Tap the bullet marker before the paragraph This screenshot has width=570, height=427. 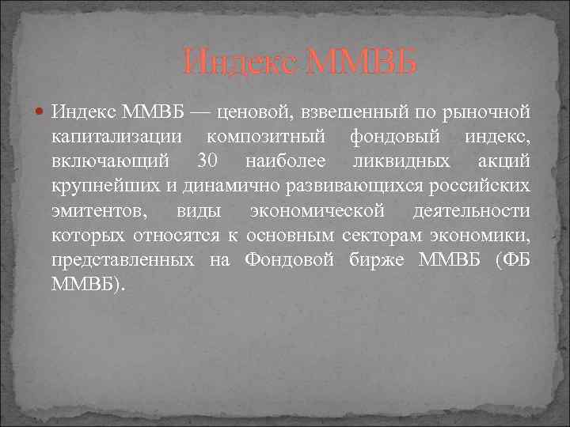(x=40, y=115)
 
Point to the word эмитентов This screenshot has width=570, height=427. (x=95, y=210)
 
